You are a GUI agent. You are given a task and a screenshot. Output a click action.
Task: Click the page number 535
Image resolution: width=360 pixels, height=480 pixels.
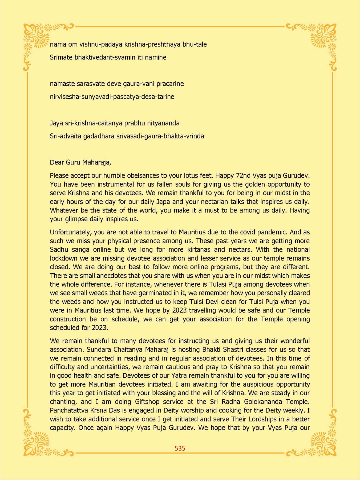180,448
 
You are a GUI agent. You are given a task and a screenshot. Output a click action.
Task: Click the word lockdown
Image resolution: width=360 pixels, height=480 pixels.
63,258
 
